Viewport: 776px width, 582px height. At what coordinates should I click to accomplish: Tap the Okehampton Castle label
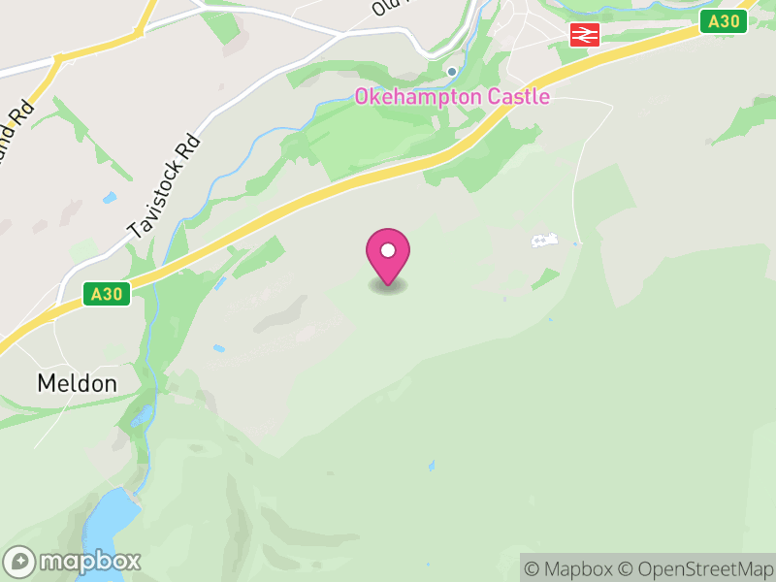(x=452, y=97)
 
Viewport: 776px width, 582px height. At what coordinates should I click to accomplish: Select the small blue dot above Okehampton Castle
(x=452, y=72)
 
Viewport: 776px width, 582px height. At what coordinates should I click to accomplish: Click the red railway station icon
(x=585, y=35)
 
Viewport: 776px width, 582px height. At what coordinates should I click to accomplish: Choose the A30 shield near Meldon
(x=107, y=294)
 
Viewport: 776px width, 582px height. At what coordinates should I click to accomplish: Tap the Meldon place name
(x=77, y=383)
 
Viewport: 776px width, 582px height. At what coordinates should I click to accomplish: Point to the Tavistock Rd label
(x=164, y=186)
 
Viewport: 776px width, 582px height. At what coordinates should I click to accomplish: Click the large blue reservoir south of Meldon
(x=109, y=524)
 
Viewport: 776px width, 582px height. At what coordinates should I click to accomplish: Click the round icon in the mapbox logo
(x=20, y=562)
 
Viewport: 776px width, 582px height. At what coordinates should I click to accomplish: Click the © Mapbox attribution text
(x=570, y=568)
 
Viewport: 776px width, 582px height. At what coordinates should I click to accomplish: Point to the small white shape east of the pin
(x=544, y=240)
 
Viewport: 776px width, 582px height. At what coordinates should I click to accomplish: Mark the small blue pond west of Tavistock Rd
(x=110, y=197)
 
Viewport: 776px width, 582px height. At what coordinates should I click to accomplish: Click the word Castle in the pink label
(x=519, y=97)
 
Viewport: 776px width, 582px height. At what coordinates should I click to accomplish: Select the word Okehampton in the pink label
(x=418, y=97)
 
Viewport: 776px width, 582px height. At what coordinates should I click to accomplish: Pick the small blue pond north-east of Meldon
(x=219, y=348)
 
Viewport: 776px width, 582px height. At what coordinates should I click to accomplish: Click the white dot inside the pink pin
(x=388, y=251)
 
